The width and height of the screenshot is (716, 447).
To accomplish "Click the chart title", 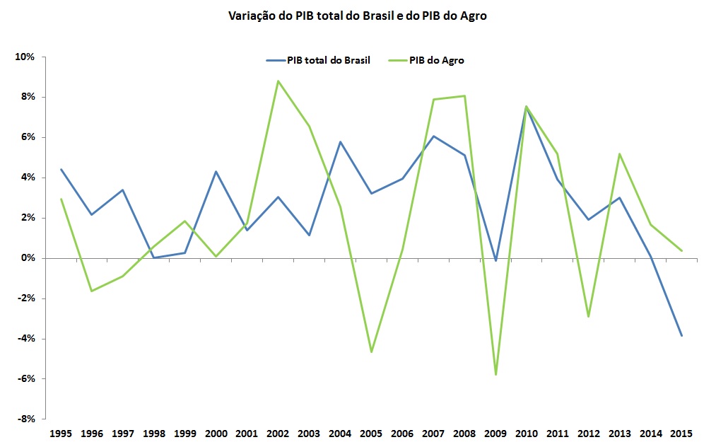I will (x=357, y=16).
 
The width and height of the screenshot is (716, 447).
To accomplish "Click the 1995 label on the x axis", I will (x=61, y=433).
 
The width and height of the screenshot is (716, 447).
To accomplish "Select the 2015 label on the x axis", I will (x=681, y=433).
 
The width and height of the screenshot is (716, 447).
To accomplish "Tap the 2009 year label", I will (x=495, y=433).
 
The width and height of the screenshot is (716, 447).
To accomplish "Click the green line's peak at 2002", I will (x=278, y=81).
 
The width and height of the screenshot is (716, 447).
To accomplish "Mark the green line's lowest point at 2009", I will (x=495, y=375).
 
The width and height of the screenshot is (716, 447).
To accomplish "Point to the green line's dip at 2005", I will (x=371, y=352).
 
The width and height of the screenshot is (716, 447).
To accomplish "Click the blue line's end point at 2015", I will (x=681, y=336).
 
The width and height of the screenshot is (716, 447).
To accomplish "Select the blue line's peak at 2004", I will (x=341, y=142).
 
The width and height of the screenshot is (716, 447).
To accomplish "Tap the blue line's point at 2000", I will (x=216, y=172).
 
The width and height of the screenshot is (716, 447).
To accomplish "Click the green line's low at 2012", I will (x=588, y=317).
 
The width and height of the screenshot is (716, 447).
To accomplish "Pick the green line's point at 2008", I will (x=464, y=95).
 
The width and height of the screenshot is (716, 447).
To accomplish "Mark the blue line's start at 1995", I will (x=61, y=170).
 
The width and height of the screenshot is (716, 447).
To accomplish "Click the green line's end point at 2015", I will (x=681, y=250).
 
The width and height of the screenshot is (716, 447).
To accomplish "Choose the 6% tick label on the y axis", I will (x=26, y=137).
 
